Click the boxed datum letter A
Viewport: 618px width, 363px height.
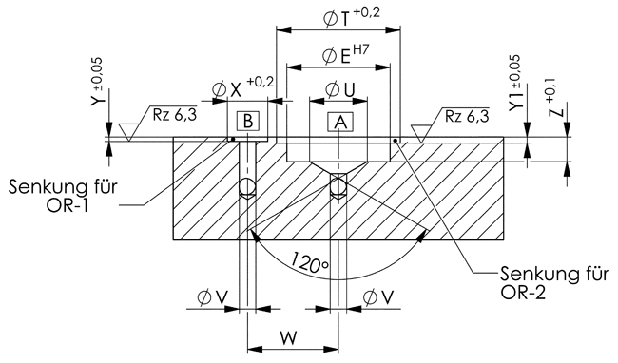pos(340,123)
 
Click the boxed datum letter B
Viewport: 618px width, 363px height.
pos(248,122)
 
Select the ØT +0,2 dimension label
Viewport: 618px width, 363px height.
pos(351,18)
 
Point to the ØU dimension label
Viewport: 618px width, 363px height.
pos(339,89)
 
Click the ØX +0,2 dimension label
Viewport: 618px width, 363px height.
pos(242,88)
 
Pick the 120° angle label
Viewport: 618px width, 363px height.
pos(310,262)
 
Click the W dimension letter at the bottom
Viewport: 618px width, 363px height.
pos(288,338)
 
